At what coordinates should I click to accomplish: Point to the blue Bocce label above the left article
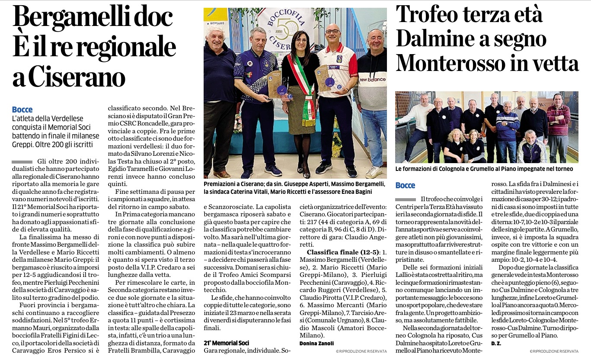pos(22,109)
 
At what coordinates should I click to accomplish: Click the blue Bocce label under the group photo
pos(405,185)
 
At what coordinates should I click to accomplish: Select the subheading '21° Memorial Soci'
pos(227,343)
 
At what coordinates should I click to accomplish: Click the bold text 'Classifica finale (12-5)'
pos(343,252)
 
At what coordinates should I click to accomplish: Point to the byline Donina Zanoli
pos(317,343)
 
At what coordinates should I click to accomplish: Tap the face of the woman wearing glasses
pos(301,42)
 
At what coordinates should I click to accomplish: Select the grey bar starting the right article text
pos(406,199)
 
